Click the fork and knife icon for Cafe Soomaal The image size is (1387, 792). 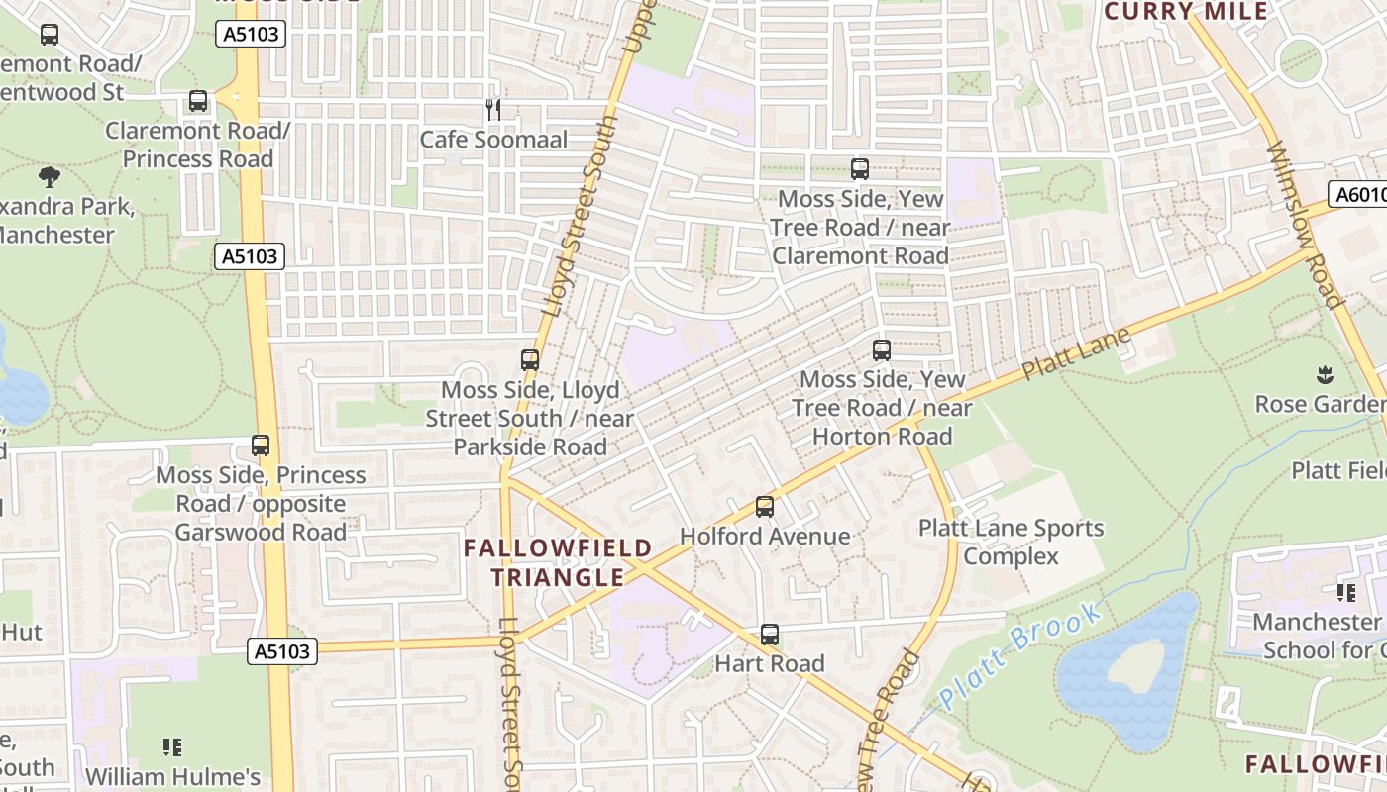coord(493,109)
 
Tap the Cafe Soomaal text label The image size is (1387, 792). coord(493,140)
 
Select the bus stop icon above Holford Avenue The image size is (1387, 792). coord(764,507)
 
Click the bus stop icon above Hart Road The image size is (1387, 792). coord(770,635)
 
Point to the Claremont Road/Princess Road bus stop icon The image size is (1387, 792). coord(198,101)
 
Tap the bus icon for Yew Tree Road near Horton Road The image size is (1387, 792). coord(881,349)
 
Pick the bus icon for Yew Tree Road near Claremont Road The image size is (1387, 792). coord(859,169)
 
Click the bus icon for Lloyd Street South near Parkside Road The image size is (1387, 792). coord(530,360)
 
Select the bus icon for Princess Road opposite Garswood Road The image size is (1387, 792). coord(261,445)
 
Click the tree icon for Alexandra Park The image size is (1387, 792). coord(50,177)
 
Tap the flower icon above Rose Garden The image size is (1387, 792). coord(1324,374)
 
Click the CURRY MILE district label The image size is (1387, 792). coord(1186,12)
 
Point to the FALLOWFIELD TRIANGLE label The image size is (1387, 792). coord(559,562)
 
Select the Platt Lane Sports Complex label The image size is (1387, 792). coord(1011,542)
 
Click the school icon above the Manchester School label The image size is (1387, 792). coord(1345,592)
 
